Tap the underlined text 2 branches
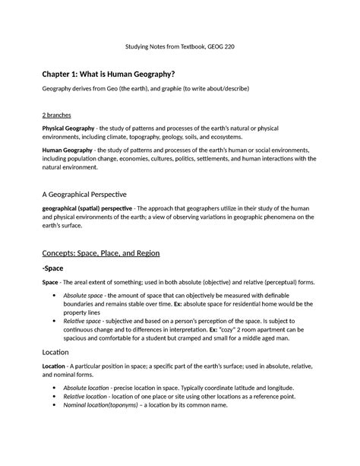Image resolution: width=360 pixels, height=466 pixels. coord(61,114)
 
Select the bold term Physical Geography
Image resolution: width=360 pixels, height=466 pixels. coord(71,130)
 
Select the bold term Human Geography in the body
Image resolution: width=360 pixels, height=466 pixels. coord(68,151)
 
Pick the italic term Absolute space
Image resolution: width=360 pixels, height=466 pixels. coord(85,293)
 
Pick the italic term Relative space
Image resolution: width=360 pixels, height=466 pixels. coord(84,322)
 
